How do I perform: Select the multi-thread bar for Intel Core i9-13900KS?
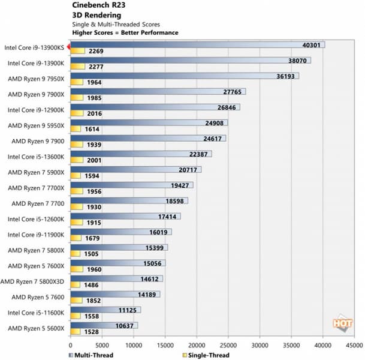pyautogui.click(x=197, y=44)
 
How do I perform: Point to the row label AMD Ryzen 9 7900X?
pyautogui.click(x=36, y=95)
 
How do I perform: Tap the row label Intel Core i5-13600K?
pyautogui.click(x=36, y=157)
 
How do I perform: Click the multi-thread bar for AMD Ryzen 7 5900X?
pyautogui.click(x=135, y=170)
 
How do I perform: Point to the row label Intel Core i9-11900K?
pyautogui.click(x=36, y=235)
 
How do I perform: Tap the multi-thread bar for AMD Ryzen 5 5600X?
pyautogui.click(x=104, y=325)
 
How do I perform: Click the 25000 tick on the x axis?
pyautogui.click(x=228, y=346)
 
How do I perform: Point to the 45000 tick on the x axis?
pyautogui.click(x=354, y=346)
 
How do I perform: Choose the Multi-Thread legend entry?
pyautogui.click(x=90, y=355)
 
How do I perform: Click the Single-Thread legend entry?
pyautogui.click(x=204, y=355)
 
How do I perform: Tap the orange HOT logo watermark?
pyautogui.click(x=342, y=323)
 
